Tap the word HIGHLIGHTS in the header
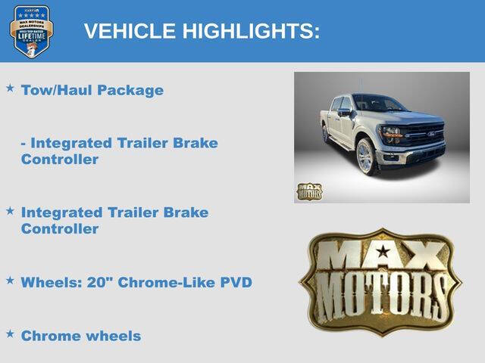(x=251, y=31)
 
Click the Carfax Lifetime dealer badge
(x=31, y=31)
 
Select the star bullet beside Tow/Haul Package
(x=10, y=88)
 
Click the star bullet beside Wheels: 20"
(x=10, y=281)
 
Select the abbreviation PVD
(x=236, y=282)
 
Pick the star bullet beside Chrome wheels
(x=10, y=334)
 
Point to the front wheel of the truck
(x=365, y=157)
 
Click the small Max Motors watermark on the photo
(x=308, y=191)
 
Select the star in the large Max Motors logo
(x=383, y=251)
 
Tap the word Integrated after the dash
(x=72, y=143)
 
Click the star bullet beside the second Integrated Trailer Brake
(x=10, y=210)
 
